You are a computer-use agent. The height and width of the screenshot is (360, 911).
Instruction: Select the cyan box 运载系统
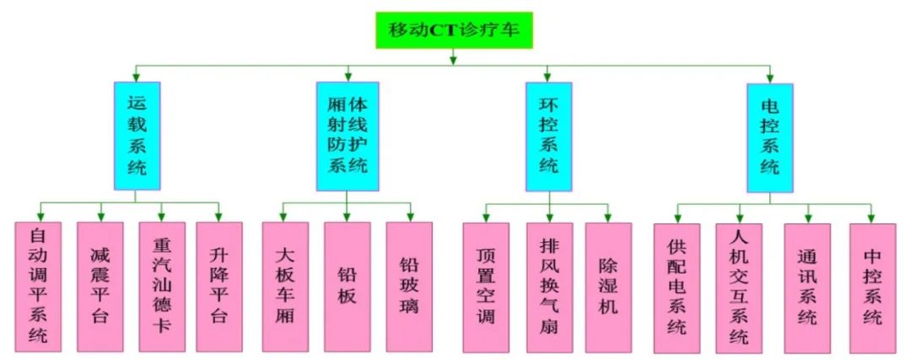point(137,136)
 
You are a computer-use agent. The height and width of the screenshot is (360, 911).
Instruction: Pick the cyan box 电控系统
point(770,136)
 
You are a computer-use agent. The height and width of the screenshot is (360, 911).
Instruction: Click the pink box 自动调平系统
point(38,287)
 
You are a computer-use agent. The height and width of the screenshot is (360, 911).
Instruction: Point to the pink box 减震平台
point(100,287)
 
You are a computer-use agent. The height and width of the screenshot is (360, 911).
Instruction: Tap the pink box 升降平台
point(219,287)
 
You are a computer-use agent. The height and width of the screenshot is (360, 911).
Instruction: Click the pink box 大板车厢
point(285,287)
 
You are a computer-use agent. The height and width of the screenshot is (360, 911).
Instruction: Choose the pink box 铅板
point(348,287)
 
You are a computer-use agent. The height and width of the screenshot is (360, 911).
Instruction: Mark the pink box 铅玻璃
point(410,287)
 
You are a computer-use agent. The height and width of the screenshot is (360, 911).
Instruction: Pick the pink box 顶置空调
point(486,287)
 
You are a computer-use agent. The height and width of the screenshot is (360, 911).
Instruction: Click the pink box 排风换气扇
point(549,287)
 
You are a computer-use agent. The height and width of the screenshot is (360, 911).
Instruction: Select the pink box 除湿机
point(608,287)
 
